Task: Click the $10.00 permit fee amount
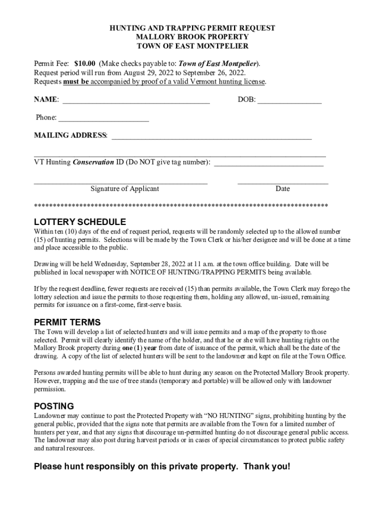point(85,64)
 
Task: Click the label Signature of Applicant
point(124,188)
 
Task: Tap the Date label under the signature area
point(282,188)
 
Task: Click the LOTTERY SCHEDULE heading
point(79,222)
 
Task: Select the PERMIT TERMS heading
point(67,322)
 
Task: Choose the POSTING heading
point(53,406)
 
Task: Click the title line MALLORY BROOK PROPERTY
point(192,37)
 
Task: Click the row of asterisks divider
point(180,206)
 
